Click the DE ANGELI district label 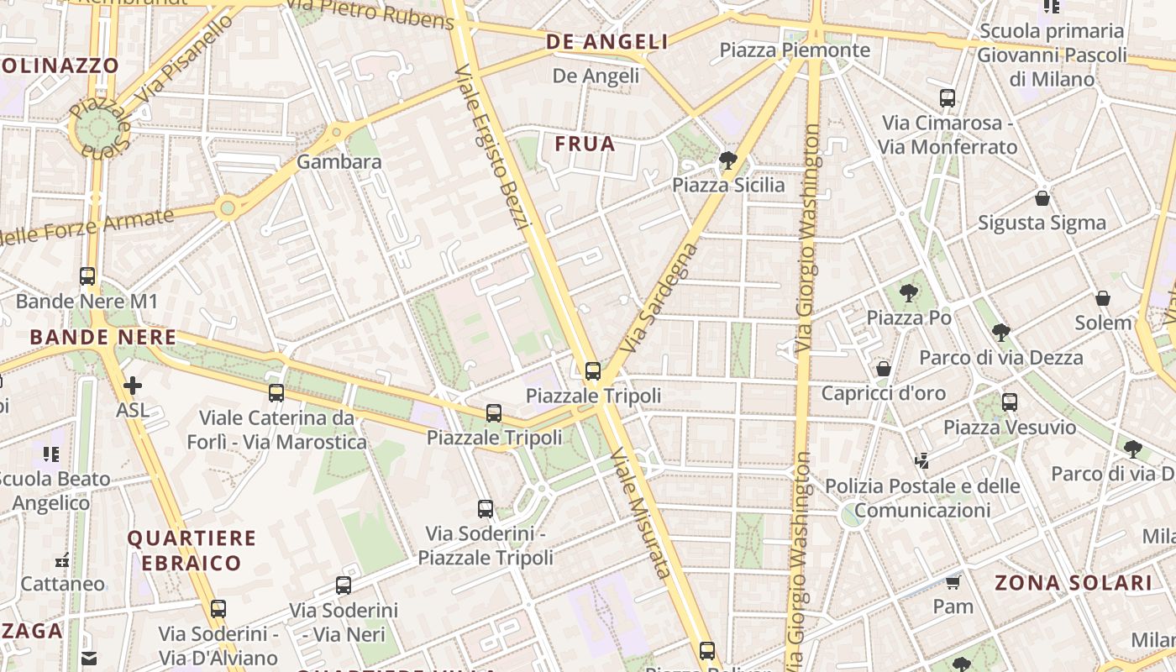[x=606, y=42]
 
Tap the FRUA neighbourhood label [x=585, y=144]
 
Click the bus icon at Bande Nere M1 [x=87, y=276]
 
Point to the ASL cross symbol [x=133, y=386]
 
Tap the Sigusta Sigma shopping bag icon [x=1042, y=198]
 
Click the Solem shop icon [x=1103, y=298]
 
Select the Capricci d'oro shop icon [x=884, y=369]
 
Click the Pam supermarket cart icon [x=953, y=581]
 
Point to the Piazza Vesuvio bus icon [x=1010, y=402]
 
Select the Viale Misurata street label [x=641, y=512]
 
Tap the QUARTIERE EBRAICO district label [x=192, y=550]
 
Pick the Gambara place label [x=339, y=162]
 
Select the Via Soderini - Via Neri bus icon [x=344, y=585]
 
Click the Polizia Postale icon [x=922, y=461]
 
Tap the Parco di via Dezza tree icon [x=1000, y=332]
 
